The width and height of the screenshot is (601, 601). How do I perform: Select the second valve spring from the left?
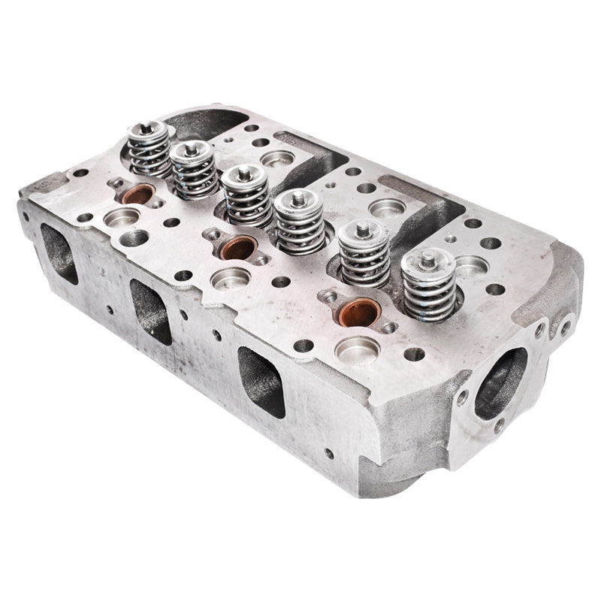[x=192, y=171]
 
